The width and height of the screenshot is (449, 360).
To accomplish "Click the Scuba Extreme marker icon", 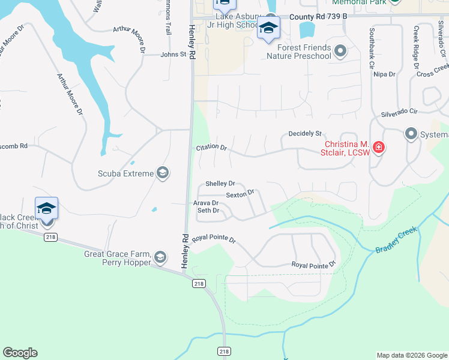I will [x=161, y=173].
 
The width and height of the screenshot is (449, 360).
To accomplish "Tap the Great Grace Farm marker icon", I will [x=160, y=257].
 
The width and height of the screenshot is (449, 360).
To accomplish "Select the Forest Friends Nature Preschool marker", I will [x=340, y=52].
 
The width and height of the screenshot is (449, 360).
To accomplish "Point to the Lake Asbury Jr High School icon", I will [x=268, y=28].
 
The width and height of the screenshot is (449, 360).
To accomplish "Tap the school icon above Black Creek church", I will [x=46, y=208].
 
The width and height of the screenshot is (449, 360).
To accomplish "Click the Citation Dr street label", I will [x=211, y=147].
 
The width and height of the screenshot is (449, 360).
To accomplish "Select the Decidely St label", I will [x=305, y=133].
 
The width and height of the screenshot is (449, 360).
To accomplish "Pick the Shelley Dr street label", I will [x=220, y=184].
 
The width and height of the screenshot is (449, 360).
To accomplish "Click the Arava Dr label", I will [x=205, y=203].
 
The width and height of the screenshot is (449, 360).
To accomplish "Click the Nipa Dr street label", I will [x=384, y=74].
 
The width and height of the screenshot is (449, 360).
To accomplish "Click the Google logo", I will [x=20, y=353].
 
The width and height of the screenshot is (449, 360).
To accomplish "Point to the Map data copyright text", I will [x=411, y=355].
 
